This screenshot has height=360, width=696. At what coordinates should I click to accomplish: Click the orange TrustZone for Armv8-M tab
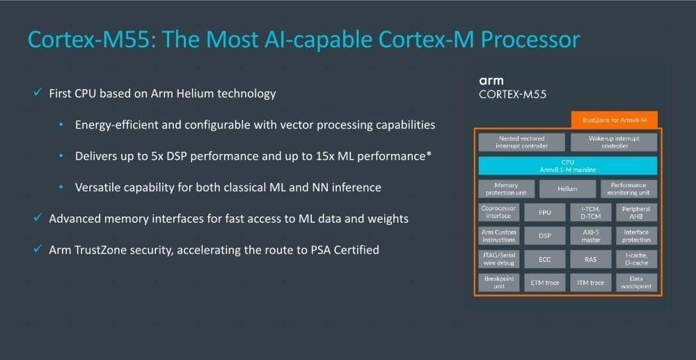click(x=614, y=120)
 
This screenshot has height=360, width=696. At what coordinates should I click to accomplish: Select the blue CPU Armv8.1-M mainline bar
click(x=568, y=166)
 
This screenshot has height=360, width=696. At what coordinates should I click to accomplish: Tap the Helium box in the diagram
click(x=568, y=189)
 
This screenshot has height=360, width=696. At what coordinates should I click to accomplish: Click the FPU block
click(x=545, y=212)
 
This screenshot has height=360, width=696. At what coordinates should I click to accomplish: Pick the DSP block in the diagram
click(x=545, y=236)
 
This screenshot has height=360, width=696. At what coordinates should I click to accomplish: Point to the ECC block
click(x=545, y=259)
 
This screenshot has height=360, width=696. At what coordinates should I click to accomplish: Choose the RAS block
click(x=591, y=259)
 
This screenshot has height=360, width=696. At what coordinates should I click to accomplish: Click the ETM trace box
click(x=545, y=282)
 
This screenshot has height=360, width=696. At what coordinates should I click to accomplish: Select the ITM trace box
click(x=591, y=282)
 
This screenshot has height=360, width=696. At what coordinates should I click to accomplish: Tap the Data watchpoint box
click(x=637, y=282)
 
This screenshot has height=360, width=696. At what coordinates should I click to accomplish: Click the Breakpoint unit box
click(x=499, y=282)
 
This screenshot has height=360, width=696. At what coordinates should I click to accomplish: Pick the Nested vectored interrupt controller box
click(x=521, y=142)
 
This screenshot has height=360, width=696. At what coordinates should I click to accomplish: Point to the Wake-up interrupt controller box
click(x=614, y=142)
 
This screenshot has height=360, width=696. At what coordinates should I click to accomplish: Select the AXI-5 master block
click(x=591, y=236)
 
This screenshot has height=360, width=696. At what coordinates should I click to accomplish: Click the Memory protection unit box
click(x=506, y=189)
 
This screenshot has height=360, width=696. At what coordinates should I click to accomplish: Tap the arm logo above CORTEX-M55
click(x=491, y=81)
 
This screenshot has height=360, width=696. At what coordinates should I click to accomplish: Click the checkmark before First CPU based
click(x=38, y=93)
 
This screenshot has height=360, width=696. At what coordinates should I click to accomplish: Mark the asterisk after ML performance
click(x=429, y=155)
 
